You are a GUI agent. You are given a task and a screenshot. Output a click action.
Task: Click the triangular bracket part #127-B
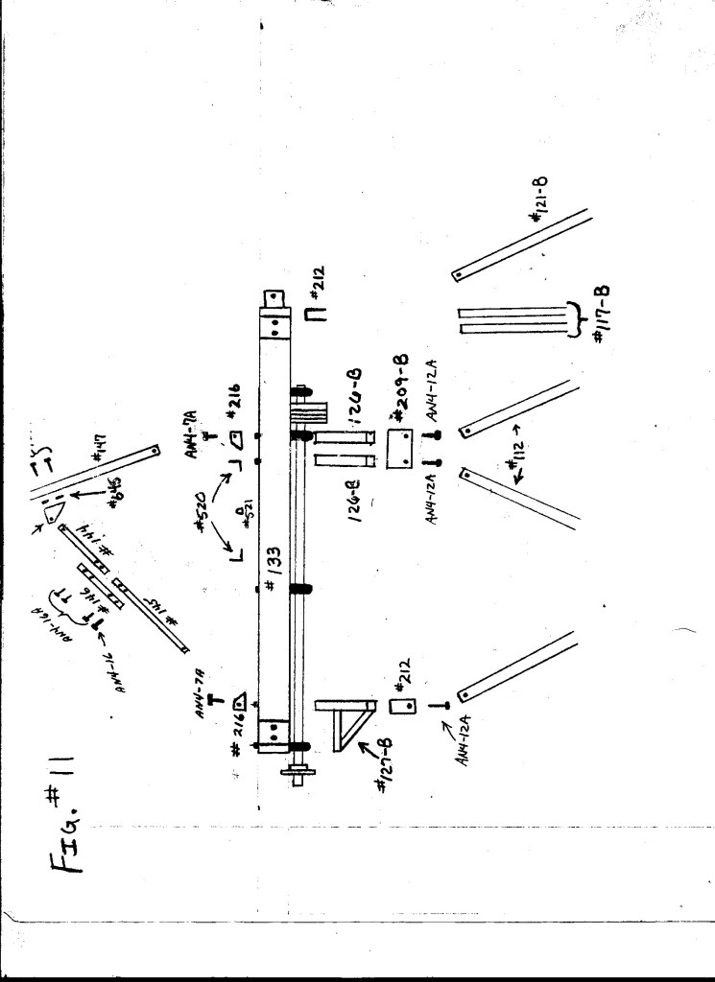click(346, 726)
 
